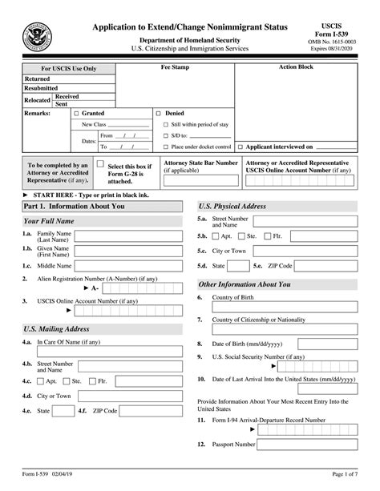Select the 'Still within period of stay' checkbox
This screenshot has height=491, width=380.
165,125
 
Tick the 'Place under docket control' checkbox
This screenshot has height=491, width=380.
165,147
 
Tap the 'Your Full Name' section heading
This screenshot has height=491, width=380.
49,221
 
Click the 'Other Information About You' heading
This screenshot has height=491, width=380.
245,284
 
